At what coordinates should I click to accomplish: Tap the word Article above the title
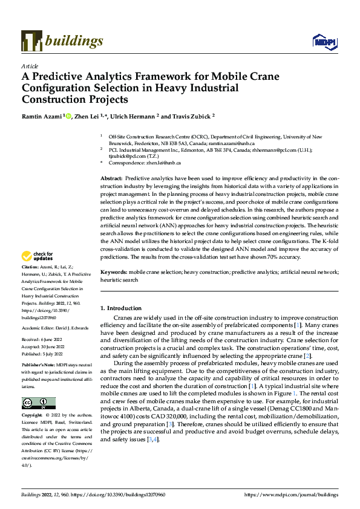tap(30, 66)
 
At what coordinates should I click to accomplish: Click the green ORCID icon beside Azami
tap(68, 115)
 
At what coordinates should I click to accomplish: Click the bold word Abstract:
tap(112, 179)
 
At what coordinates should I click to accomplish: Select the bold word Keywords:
tap(114, 273)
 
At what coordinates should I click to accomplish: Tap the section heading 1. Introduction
tap(123, 309)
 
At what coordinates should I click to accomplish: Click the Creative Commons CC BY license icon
tap(38, 403)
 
